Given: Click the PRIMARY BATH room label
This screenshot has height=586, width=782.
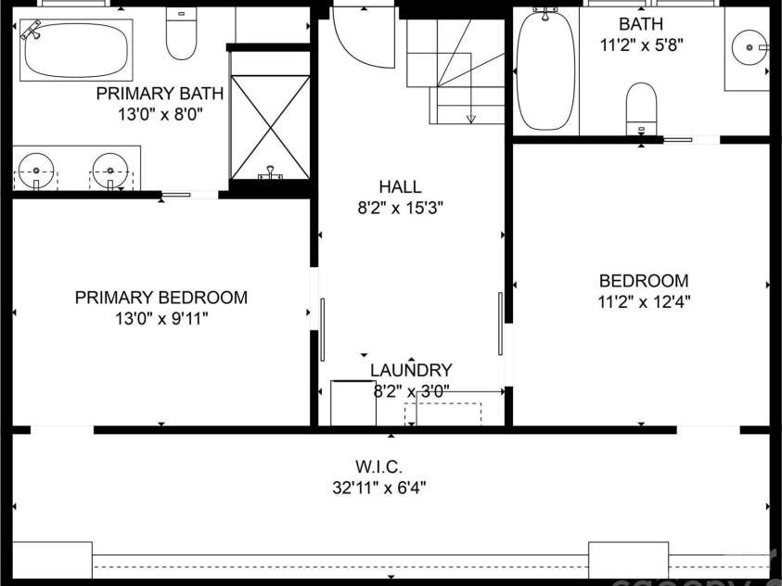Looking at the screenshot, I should click(160, 93).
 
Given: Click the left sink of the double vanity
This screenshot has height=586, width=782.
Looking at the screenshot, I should click(36, 171).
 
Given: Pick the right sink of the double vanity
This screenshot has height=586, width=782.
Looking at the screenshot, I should click(109, 171).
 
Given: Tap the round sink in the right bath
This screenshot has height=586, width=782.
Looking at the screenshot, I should click(749, 45).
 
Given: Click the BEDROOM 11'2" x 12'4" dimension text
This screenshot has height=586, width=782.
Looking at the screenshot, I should click(643, 300).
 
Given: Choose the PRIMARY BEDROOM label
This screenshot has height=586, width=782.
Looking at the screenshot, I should click(160, 298).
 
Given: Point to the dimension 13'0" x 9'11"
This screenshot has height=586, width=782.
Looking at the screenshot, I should click(160, 319).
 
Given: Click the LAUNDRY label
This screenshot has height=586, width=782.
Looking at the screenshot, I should click(411, 370).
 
